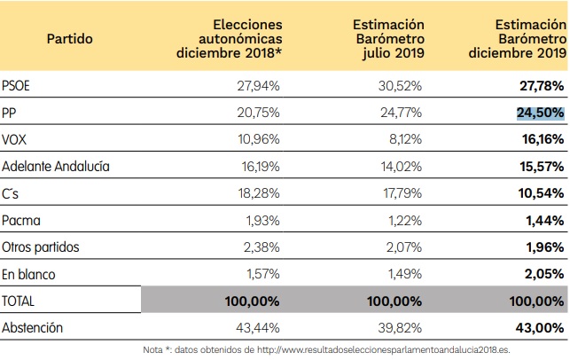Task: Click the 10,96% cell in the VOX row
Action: click(x=258, y=140)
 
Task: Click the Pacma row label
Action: click(x=22, y=220)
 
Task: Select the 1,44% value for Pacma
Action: click(x=545, y=220)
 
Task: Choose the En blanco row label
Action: click(x=29, y=274)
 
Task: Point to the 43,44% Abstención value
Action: click(x=258, y=328)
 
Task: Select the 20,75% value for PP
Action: click(x=258, y=113)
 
